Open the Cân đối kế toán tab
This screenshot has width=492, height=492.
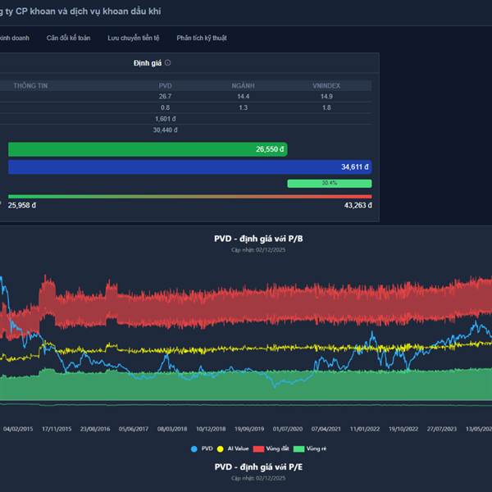[69, 38]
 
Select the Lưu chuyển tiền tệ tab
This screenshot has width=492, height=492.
[134, 38]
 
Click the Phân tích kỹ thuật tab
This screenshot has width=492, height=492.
[202, 38]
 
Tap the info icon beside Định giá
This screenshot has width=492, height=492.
[168, 62]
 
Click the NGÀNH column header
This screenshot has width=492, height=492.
[243, 85]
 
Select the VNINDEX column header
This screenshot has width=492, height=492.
[326, 85]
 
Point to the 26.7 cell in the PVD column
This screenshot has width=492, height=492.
[165, 97]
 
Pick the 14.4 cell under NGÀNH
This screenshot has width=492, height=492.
[243, 97]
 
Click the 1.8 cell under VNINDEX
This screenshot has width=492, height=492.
[326, 107]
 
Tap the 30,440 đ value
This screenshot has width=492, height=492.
[165, 130]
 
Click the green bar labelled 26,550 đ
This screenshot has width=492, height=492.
[148, 149]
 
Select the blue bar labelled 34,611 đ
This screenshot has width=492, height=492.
[189, 166]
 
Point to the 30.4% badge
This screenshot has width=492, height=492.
[329, 183]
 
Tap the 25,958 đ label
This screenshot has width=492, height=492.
[22, 206]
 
